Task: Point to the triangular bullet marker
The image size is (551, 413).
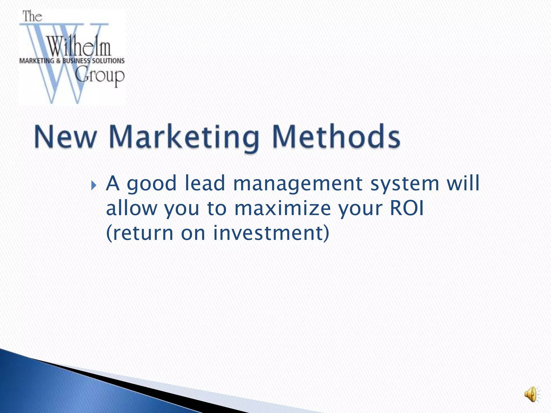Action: click(93, 185)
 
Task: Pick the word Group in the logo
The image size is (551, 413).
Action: click(100, 76)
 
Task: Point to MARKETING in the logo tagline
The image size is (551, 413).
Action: click(37, 61)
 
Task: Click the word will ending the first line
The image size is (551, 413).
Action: click(463, 183)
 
